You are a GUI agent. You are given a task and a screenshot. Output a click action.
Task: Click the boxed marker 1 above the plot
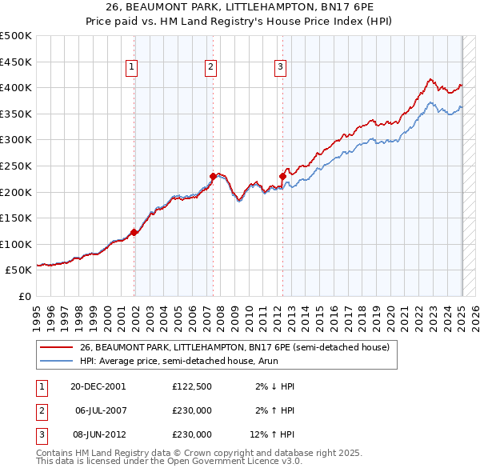point(131,68)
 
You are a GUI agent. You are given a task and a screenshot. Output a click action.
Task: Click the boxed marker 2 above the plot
point(210,68)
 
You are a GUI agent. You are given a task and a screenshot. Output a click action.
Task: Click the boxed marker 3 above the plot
point(281,68)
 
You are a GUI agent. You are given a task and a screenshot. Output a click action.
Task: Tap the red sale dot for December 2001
point(134,232)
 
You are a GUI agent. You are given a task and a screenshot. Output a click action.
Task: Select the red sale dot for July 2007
point(213,176)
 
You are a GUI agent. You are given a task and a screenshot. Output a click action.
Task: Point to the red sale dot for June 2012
point(282,176)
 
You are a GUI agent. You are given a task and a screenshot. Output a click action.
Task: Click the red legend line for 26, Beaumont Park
point(55,347)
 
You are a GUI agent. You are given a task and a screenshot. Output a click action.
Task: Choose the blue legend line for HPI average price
point(55,362)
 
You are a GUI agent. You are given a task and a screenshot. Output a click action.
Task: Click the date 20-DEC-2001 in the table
point(98,386)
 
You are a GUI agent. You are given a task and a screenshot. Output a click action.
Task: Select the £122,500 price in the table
point(191,386)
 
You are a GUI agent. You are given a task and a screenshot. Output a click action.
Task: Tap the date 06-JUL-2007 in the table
point(100,410)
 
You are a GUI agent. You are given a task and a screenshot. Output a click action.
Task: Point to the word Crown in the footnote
point(183,453)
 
